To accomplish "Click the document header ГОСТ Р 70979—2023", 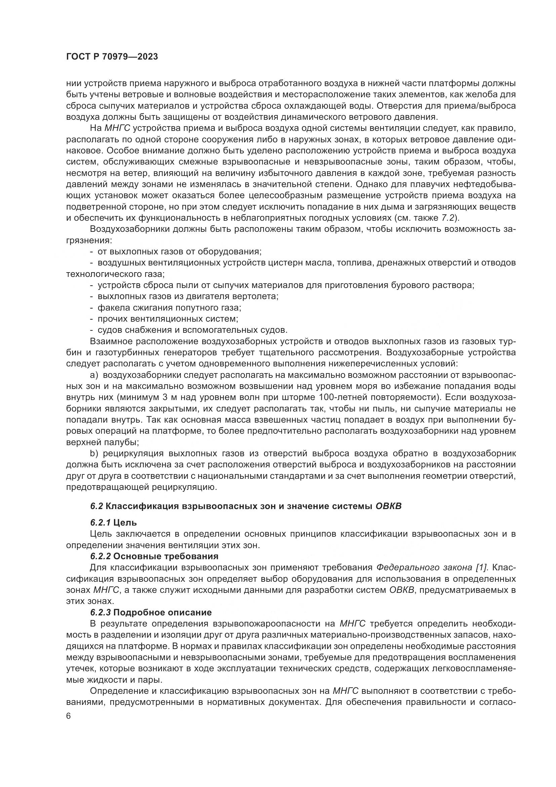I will pos(112,57).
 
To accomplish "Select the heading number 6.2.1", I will pos(100,523).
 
